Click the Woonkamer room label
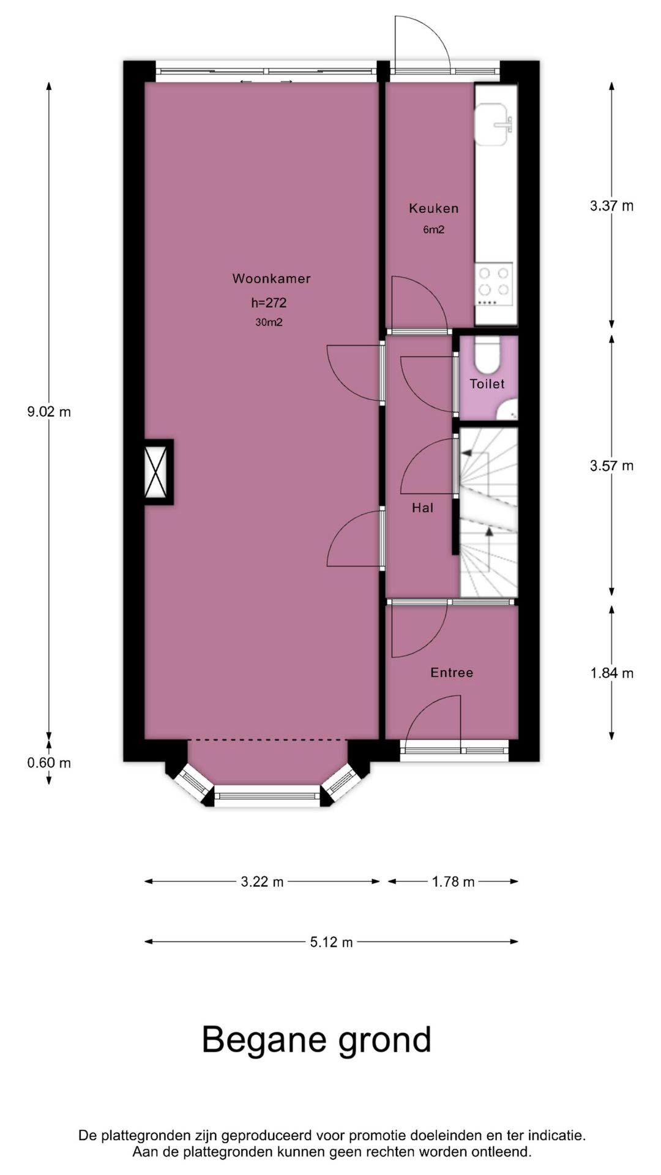[x=271, y=279]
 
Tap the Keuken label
[x=433, y=209]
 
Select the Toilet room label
[x=487, y=384]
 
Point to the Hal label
[x=422, y=507]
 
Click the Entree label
[x=452, y=673]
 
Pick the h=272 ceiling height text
[x=269, y=302]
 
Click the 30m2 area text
[x=269, y=323]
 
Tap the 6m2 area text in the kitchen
[x=433, y=230]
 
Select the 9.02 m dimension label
[x=49, y=412]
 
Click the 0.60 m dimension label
[x=49, y=763]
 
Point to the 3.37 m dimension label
[x=611, y=206]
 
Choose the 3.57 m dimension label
[x=611, y=466]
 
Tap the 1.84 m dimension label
[x=611, y=673]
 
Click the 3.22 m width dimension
[x=262, y=882]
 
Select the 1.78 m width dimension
[x=453, y=882]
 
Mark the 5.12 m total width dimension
[x=331, y=942]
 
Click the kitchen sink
[x=494, y=125]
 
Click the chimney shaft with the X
[x=158, y=472]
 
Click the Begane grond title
[x=316, y=1040]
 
